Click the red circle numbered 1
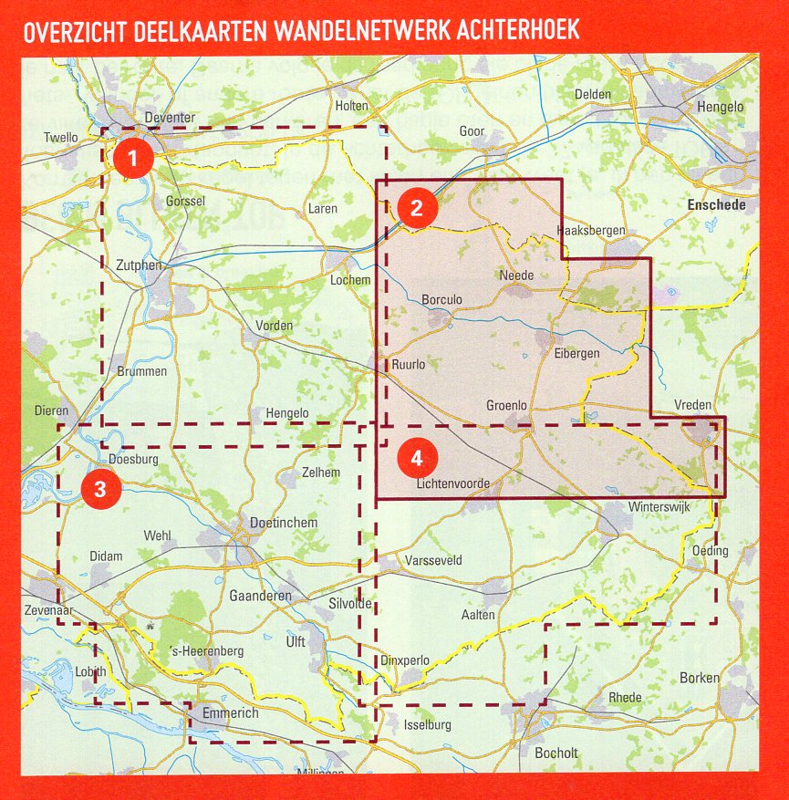point(133,159)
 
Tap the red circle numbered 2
point(416,208)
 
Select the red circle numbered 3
point(100,490)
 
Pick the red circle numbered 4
point(416,458)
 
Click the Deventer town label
point(171,118)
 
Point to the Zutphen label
point(139,265)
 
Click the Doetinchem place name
point(284,523)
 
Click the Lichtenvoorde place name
point(452,483)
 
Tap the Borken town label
point(700,678)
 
